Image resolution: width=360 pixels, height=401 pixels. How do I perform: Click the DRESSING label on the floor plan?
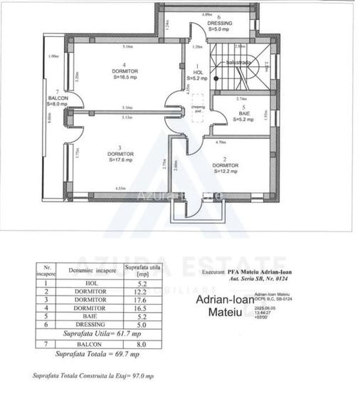pos(219,23)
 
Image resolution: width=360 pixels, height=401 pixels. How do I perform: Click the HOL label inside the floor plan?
pos(198,72)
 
